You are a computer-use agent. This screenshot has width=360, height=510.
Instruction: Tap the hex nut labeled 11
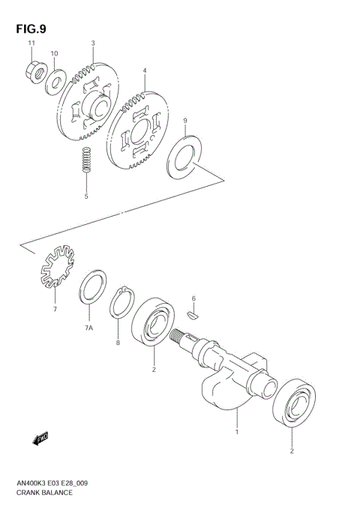tap(32, 73)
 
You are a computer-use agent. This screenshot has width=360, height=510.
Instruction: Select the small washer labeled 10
tap(55, 82)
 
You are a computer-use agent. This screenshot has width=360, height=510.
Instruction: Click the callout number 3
tap(93, 43)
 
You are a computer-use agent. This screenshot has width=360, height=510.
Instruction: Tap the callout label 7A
tap(88, 328)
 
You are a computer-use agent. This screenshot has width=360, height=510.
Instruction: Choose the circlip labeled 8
tap(121, 304)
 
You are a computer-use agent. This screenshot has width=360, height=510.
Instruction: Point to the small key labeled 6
tap(193, 316)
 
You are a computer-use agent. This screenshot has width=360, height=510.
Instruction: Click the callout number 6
tap(193, 298)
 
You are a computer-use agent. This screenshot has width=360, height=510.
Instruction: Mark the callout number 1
tap(237, 433)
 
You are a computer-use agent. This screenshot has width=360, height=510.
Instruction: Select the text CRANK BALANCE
tap(43, 493)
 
